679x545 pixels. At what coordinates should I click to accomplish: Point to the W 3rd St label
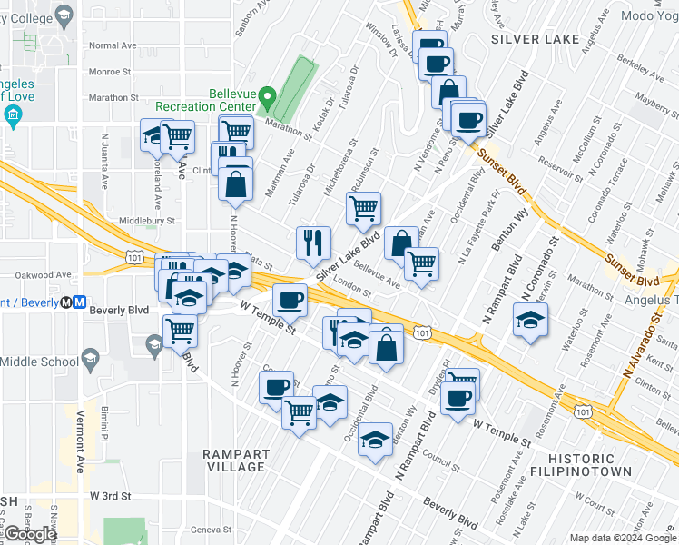[x=112, y=496]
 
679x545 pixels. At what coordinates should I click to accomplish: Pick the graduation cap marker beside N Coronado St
[x=530, y=321]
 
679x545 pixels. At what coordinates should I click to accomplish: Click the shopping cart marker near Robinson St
[x=363, y=209]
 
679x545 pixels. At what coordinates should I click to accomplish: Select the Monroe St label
[x=110, y=71]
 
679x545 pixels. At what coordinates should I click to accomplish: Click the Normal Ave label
[x=113, y=45]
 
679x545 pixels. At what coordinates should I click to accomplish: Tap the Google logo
[x=31, y=534]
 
